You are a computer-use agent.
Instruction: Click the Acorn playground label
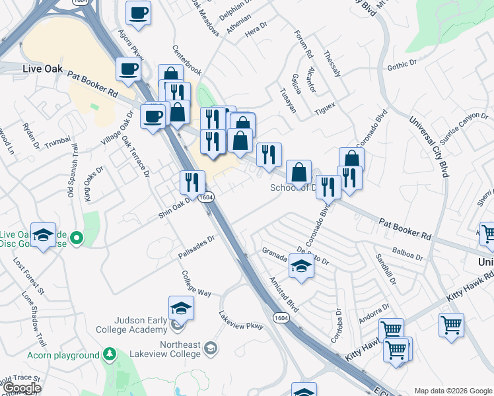pyautogui.click(x=63, y=356)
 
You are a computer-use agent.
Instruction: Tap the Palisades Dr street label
pyautogui.click(x=197, y=247)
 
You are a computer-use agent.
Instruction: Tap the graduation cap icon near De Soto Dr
pyautogui.click(x=301, y=267)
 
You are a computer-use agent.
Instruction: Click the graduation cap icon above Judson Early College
pyautogui.click(x=181, y=308)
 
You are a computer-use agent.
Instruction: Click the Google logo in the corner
pyautogui.click(x=22, y=388)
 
